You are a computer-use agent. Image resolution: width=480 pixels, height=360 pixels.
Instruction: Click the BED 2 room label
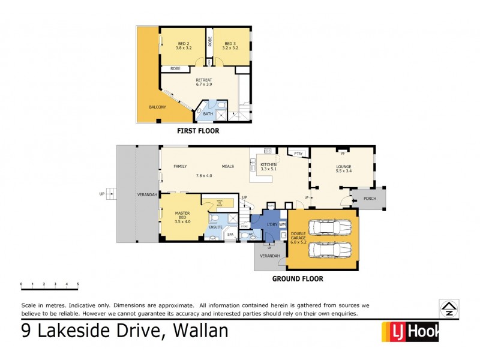(x=184, y=43)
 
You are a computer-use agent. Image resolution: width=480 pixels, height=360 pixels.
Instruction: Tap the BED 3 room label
(x=230, y=43)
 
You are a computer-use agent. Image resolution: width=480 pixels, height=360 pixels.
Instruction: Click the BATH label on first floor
(x=208, y=113)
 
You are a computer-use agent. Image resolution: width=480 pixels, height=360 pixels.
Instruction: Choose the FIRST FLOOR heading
(x=197, y=131)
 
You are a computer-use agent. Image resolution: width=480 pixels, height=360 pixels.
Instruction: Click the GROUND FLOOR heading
(x=298, y=278)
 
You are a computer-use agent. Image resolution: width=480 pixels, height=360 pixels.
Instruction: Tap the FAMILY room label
(x=181, y=166)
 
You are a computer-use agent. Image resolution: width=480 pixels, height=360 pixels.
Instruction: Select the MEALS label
(x=228, y=166)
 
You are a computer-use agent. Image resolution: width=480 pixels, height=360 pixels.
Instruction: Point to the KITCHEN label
(x=268, y=164)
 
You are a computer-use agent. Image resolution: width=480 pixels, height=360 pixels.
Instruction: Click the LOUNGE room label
(x=344, y=166)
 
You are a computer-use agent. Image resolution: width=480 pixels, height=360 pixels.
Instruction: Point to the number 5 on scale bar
(x=78, y=283)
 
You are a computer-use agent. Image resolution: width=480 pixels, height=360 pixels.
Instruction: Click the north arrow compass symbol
(x=448, y=308)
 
